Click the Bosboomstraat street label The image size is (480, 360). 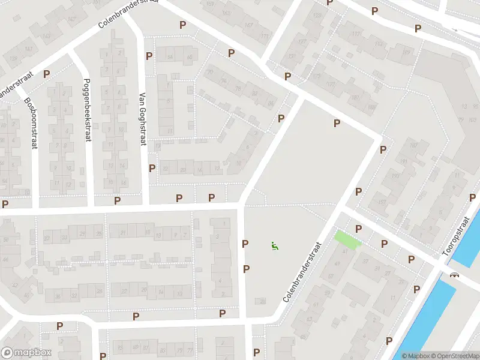pyautogui.click(x=31, y=124)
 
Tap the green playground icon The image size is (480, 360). pyautogui.click(x=274, y=245)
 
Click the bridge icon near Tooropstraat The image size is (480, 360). pyautogui.click(x=455, y=275)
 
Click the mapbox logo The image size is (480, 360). pyautogui.click(x=26, y=353)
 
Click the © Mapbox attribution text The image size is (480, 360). pyautogui.click(x=416, y=356)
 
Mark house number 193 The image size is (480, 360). pyautogui.click(x=395, y=176)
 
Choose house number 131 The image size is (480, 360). pyautogui.click(x=292, y=56)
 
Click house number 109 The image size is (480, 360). pyautogui.click(x=407, y=53)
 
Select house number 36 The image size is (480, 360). pyautogui.click(x=58, y=295)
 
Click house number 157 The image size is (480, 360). pyautogui.click(x=382, y=201)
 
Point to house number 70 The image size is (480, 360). pyautogui.click(x=209, y=73)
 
